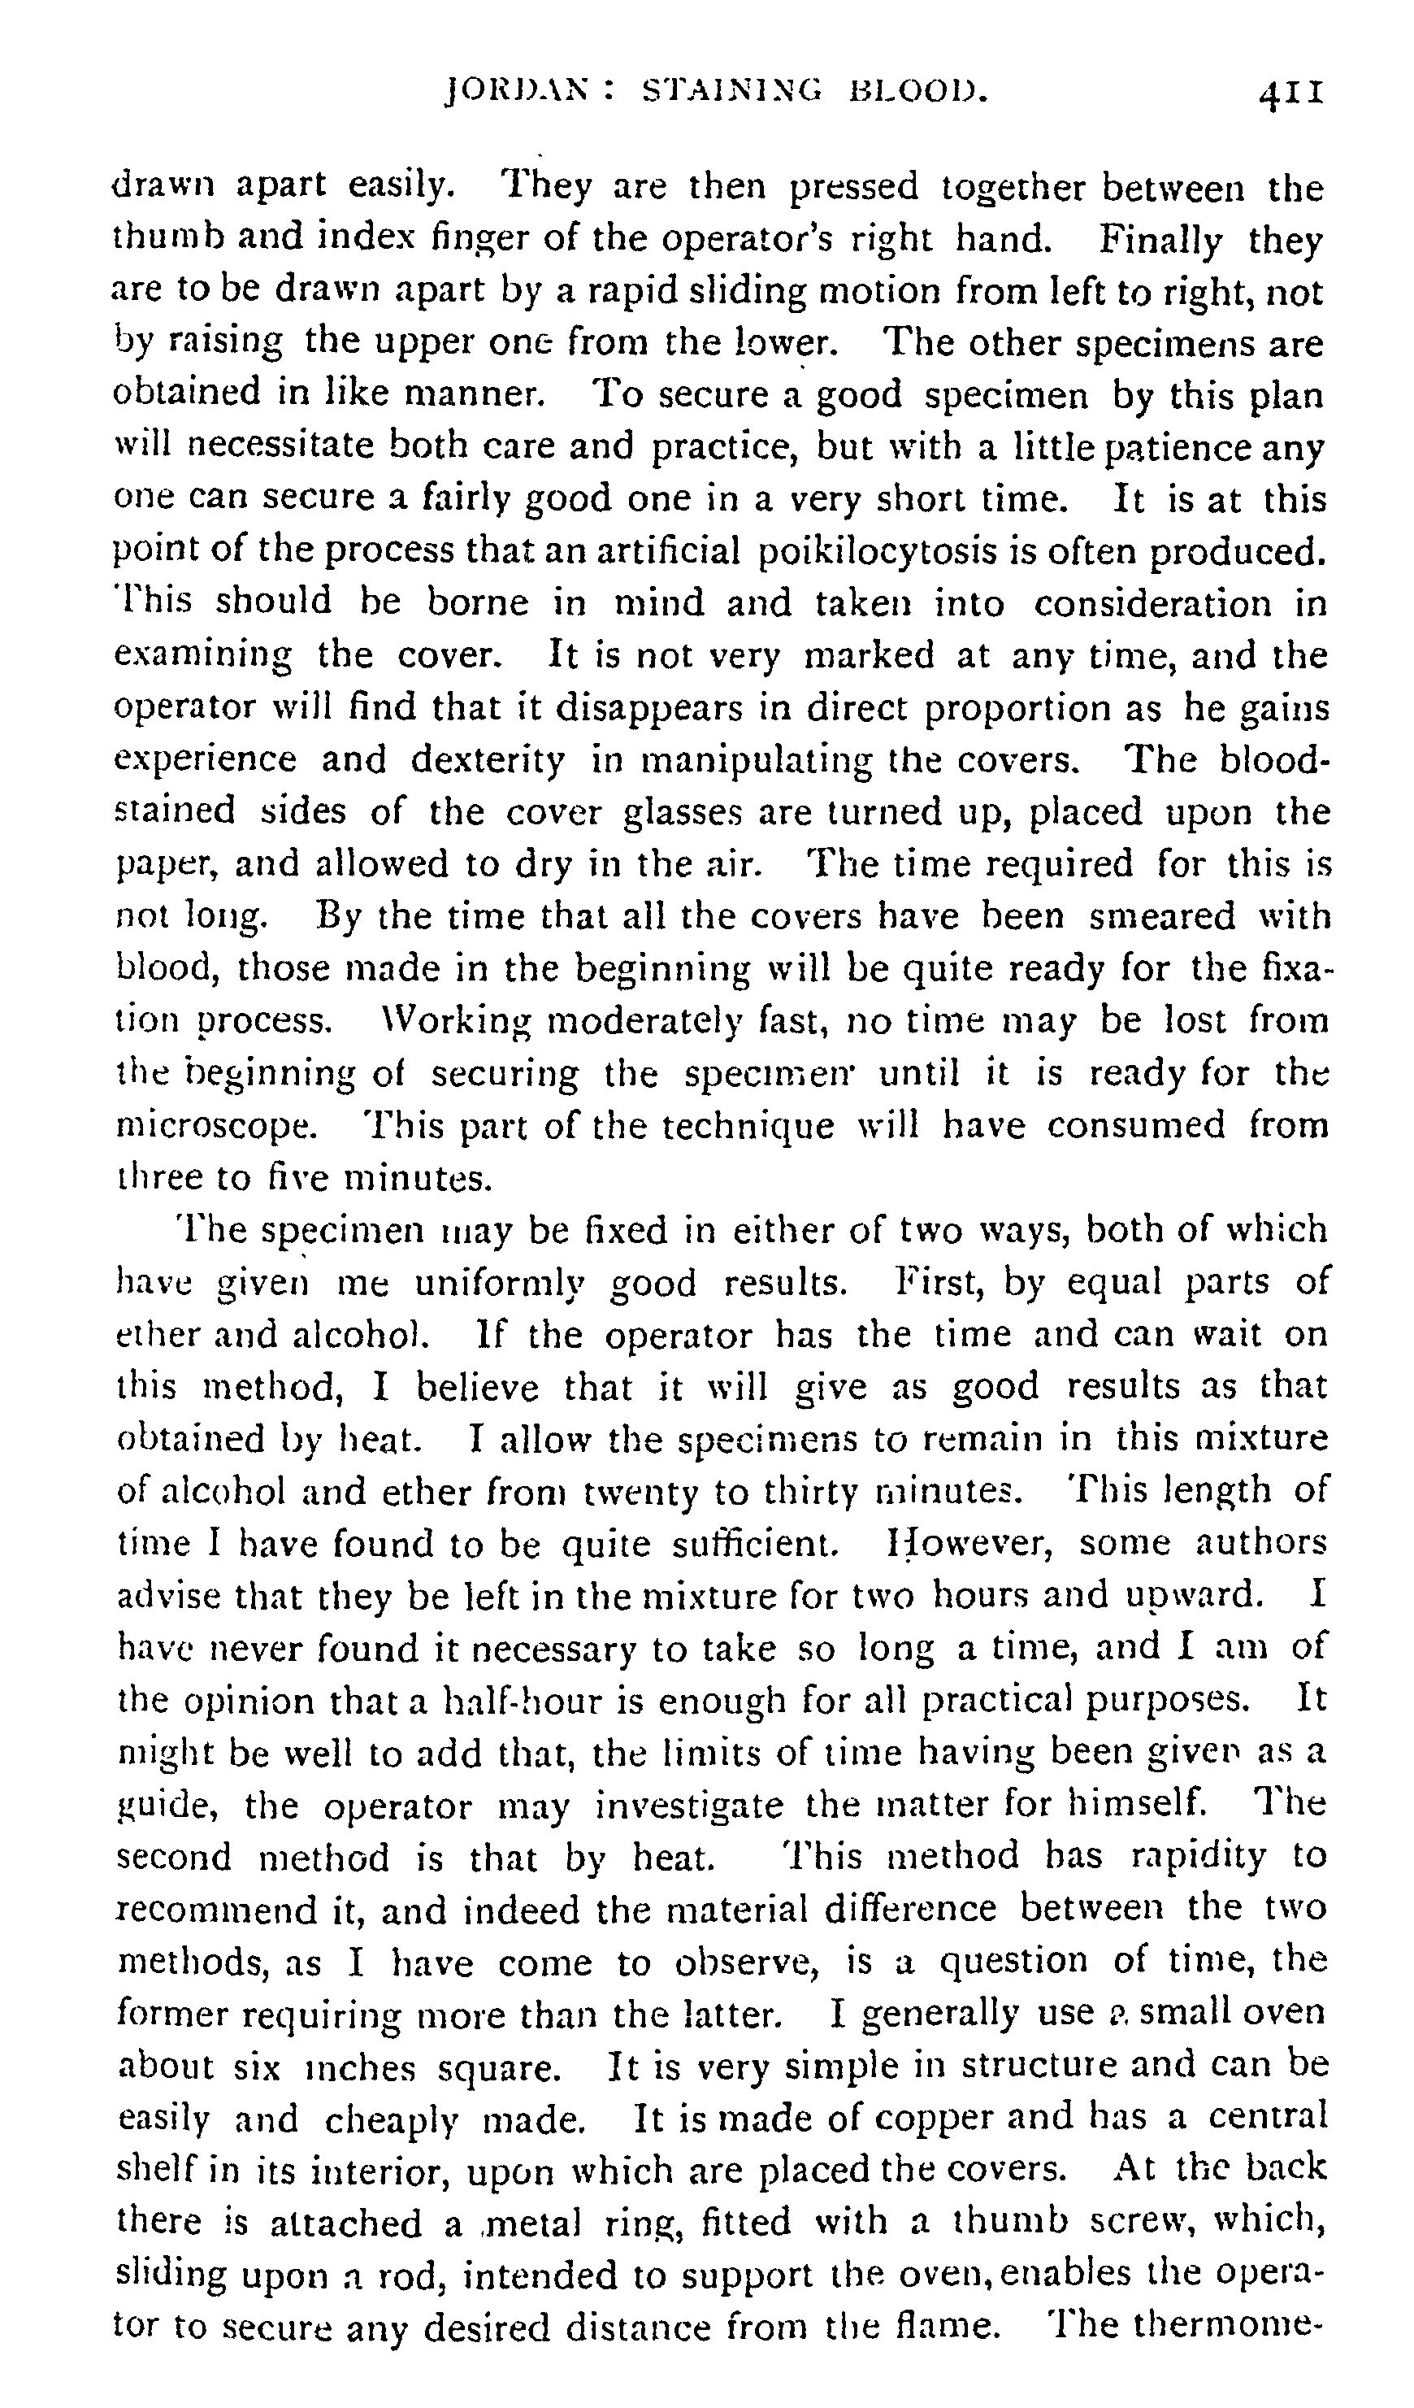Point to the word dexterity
(488, 759)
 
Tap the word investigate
(687, 1805)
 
